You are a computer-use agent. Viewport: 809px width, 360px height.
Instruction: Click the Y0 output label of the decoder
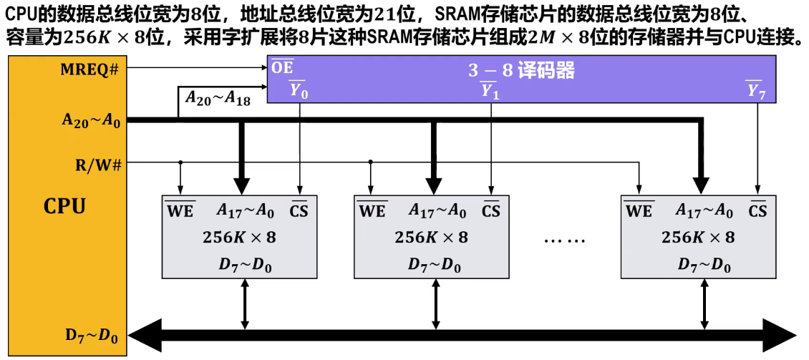point(298,91)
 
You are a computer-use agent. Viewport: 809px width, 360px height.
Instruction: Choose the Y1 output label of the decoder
point(490,91)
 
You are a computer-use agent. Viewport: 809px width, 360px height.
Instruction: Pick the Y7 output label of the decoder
point(756,91)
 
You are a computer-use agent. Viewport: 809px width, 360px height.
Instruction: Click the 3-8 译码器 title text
point(522,71)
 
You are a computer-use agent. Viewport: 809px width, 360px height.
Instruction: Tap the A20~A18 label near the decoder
point(218,99)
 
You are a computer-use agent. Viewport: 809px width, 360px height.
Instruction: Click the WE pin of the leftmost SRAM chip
point(180,211)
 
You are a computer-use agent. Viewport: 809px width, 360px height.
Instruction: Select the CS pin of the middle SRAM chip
point(491,211)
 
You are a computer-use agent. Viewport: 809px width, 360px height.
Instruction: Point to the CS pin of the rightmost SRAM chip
point(757,211)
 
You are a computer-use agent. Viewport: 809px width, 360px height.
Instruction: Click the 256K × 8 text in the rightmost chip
point(698,238)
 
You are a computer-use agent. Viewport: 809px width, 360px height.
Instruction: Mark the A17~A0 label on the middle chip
point(437,211)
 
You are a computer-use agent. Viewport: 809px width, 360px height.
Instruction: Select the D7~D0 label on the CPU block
point(92,334)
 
